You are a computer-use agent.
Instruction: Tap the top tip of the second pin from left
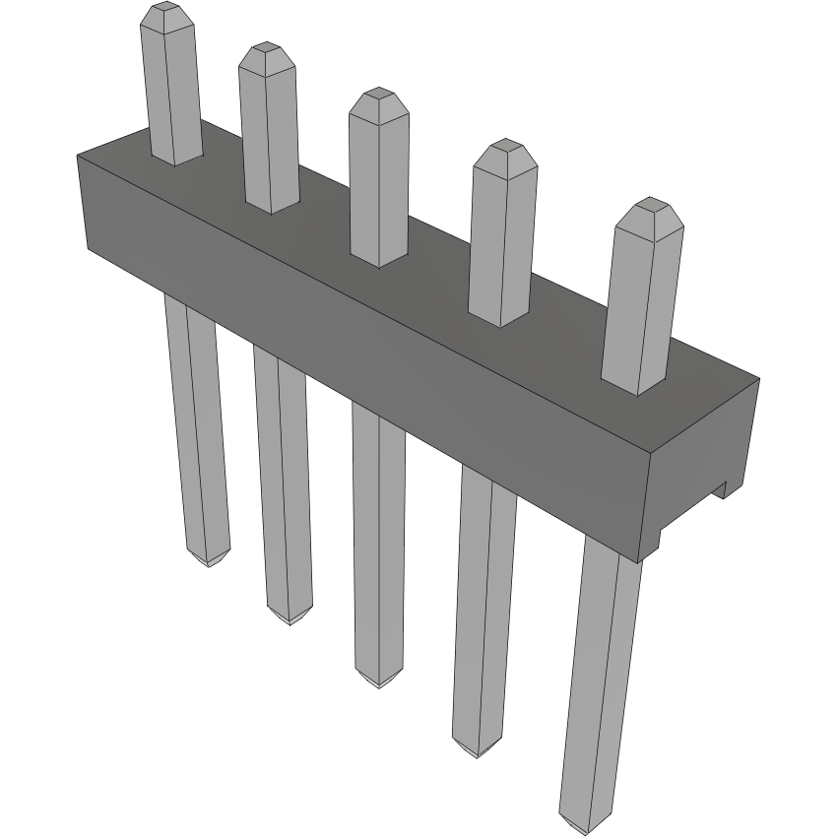pyautogui.click(x=265, y=51)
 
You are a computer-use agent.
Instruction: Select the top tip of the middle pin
pyautogui.click(x=376, y=96)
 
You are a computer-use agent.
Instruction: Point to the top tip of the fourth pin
pyautogui.click(x=504, y=148)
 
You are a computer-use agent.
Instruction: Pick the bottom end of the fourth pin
pyautogui.click(x=477, y=750)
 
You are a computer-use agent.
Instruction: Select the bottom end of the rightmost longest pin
pyautogui.click(x=583, y=825)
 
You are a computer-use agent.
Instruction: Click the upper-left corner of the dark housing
pyautogui.click(x=79, y=158)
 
